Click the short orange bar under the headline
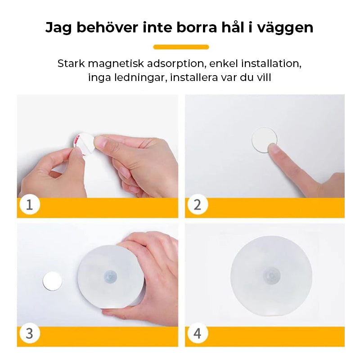181,47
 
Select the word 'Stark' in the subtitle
71,63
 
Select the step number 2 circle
198,205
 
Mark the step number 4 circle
198,333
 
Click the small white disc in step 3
52,281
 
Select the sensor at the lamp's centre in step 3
110,275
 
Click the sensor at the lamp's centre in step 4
272,274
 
